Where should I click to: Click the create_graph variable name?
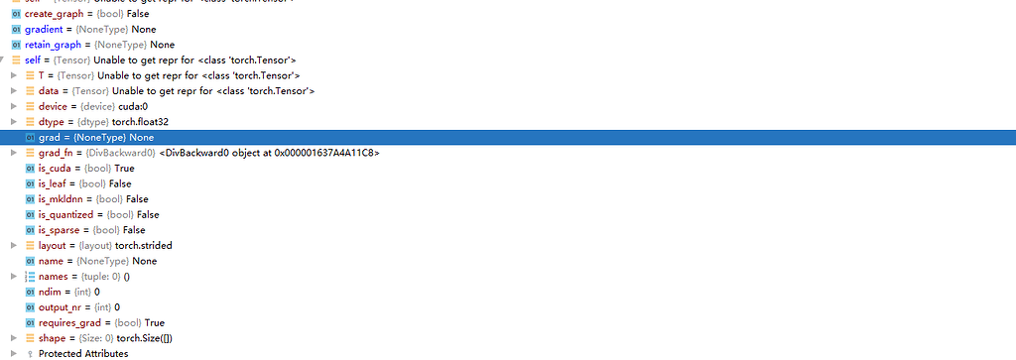click(54, 14)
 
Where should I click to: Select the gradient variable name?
click(47, 29)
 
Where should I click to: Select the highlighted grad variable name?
click(49, 137)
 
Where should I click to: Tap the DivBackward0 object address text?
click(269, 153)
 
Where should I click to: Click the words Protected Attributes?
click(83, 353)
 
